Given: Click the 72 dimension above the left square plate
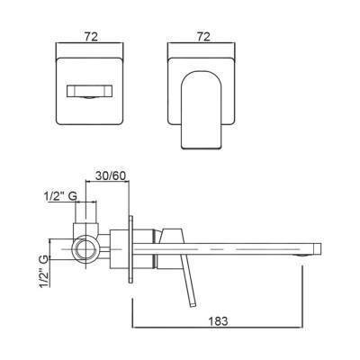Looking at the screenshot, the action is (91, 37).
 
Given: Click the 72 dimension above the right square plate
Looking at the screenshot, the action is (203, 37).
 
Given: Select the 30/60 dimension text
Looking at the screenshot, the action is (111, 175).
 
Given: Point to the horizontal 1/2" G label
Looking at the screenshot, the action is (61, 196).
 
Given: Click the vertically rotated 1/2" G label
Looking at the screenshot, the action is (44, 272).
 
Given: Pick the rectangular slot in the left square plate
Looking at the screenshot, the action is (90, 92).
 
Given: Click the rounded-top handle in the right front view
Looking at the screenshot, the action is (202, 110).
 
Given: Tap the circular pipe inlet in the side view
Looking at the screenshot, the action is (85, 249).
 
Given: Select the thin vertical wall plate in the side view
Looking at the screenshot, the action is (131, 249).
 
